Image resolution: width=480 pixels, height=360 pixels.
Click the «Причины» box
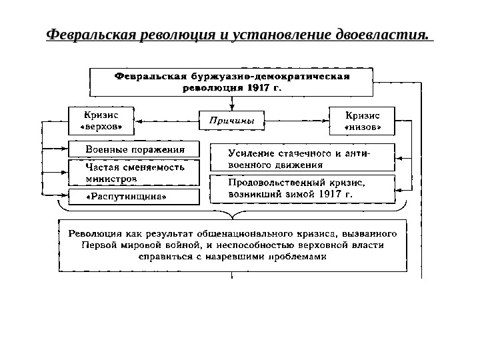coord(232,121)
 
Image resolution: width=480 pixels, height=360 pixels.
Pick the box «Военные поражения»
coord(134,148)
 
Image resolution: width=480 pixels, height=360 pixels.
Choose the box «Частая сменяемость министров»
coord(134,173)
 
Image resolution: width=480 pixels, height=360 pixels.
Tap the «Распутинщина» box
coord(134,197)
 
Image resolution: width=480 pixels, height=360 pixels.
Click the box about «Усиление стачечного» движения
coord(302,157)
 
